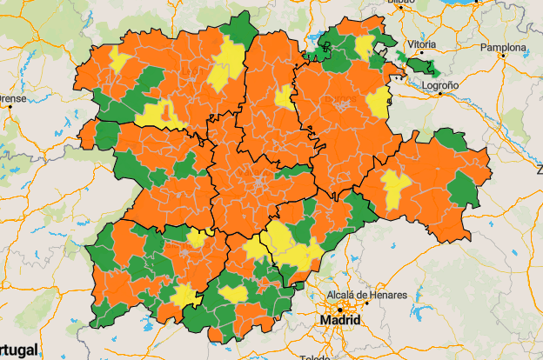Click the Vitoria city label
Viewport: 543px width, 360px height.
[x=421, y=43]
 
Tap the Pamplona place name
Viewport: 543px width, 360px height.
[x=504, y=47]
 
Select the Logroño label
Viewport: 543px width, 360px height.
[x=440, y=85]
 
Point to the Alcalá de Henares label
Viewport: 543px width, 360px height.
[x=366, y=296]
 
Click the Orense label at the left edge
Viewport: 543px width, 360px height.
[x=10, y=98]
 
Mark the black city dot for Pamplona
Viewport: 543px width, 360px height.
[x=504, y=57]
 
